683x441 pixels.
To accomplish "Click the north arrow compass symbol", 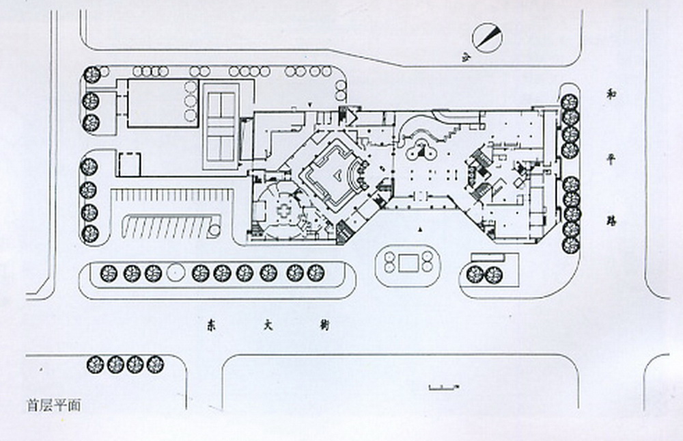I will [488, 38].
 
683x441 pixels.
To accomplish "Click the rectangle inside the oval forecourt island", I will [409, 262].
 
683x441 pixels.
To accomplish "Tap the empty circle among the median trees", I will [176, 273].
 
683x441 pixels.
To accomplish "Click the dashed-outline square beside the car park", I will [129, 164].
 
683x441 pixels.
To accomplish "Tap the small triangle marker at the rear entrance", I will [311, 104].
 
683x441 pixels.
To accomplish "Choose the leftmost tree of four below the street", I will [95, 364].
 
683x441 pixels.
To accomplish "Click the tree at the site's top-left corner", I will [92, 74].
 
